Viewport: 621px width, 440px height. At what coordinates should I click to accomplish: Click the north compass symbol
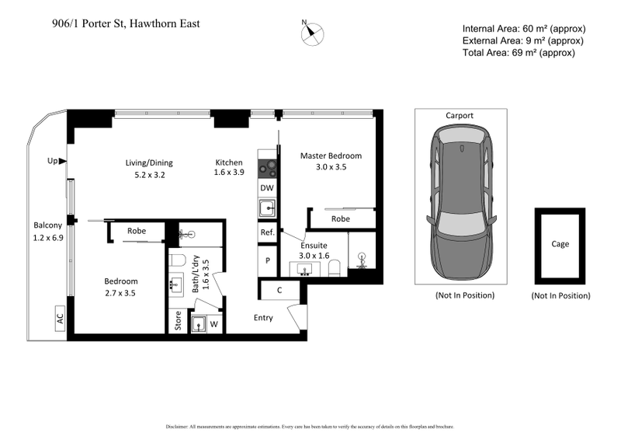[314, 33]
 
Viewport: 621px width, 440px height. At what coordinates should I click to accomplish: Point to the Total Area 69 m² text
[518, 53]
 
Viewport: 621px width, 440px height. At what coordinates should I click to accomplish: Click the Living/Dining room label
[149, 162]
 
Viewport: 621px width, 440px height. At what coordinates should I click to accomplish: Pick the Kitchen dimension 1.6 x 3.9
[229, 173]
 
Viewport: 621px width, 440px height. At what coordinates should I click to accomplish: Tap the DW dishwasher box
[266, 188]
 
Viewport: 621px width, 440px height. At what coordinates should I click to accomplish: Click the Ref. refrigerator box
[266, 232]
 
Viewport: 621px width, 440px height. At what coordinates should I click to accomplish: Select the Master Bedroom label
[331, 155]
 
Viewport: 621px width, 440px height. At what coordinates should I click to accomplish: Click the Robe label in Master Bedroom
[340, 219]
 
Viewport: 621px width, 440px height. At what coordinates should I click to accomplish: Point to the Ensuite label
[314, 245]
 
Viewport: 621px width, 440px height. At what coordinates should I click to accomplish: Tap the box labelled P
[267, 260]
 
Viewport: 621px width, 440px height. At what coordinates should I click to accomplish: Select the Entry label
[264, 317]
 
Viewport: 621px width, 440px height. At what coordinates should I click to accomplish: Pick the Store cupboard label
[178, 322]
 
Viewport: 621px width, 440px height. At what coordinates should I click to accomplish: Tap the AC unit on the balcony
[59, 320]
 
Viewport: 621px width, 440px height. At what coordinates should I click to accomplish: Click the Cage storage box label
[560, 244]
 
